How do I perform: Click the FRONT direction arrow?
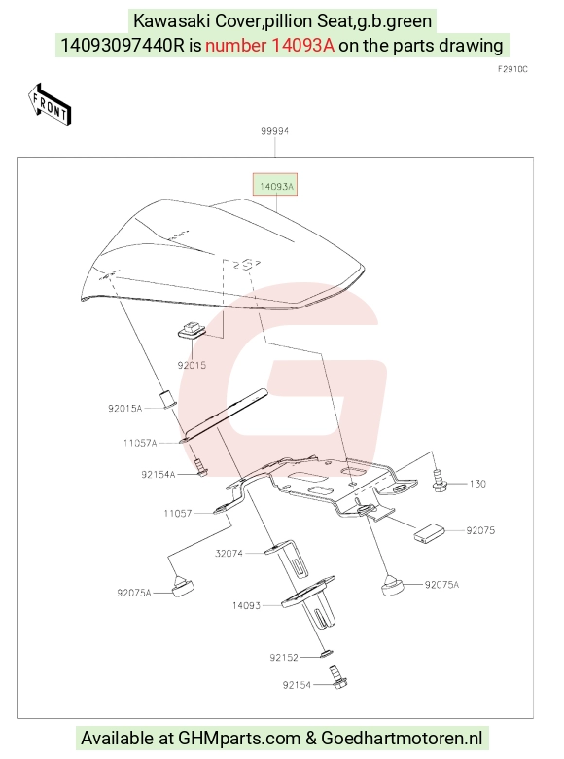[50, 104]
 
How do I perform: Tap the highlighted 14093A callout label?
[275, 185]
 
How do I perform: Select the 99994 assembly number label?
[275, 131]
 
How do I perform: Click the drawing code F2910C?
[512, 69]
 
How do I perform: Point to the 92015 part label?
[192, 365]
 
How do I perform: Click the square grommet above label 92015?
[191, 330]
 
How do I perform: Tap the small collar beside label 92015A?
[168, 398]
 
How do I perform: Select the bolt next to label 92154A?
[200, 467]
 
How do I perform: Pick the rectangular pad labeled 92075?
[429, 531]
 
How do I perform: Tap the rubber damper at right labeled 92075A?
[393, 585]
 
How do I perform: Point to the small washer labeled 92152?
[326, 655]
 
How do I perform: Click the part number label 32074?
[229, 553]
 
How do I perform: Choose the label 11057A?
[140, 443]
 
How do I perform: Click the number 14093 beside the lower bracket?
[246, 605]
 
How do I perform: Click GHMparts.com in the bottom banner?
[239, 739]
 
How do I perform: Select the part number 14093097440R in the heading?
[123, 45]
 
